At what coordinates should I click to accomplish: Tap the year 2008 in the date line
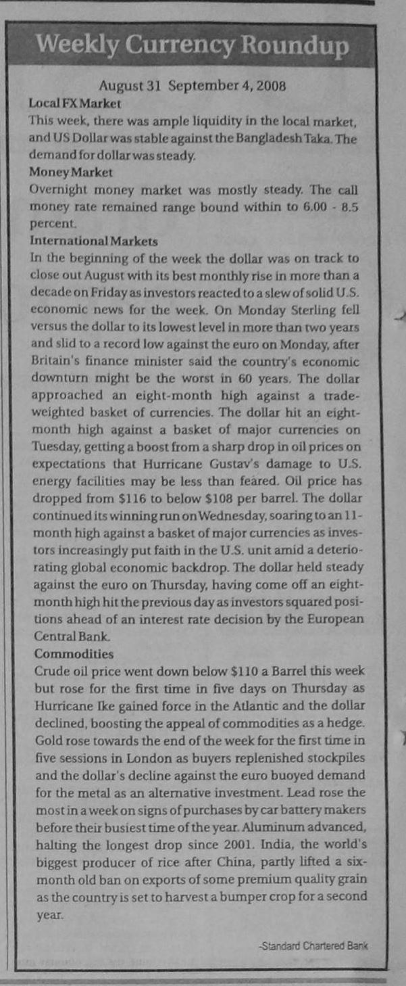(271, 87)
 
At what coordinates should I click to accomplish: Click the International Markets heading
(94, 240)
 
